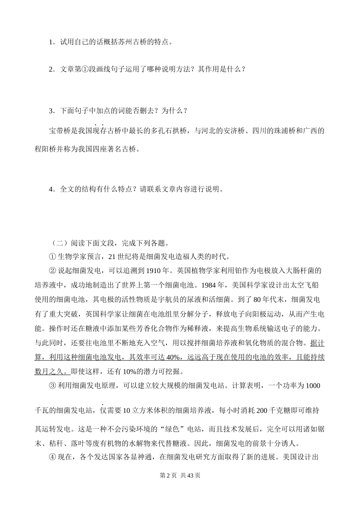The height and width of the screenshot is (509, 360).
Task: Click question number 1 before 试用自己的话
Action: pyautogui.click(x=51, y=42)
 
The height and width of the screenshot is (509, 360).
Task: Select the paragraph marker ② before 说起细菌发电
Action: pyautogui.click(x=52, y=271)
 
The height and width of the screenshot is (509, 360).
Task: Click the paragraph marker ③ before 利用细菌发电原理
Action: pyautogui.click(x=52, y=386)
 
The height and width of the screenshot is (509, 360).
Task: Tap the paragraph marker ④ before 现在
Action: pyautogui.click(x=52, y=457)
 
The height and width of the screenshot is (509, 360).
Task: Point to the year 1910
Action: pyautogui.click(x=157, y=271)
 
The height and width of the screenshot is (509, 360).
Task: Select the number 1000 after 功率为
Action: pyautogui.click(x=313, y=386)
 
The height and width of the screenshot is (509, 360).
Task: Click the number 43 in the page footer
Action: pyautogui.click(x=191, y=476)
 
